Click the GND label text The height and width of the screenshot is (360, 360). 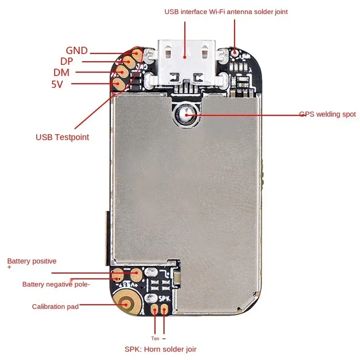(76, 51)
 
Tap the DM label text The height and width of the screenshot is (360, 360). (61, 72)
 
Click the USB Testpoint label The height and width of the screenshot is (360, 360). (62, 137)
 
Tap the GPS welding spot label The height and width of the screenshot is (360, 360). (328, 114)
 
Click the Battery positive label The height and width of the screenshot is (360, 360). (32, 261)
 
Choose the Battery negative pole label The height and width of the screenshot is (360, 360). (56, 284)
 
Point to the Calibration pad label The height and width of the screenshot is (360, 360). (55, 306)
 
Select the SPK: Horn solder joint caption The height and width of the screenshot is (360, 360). (161, 349)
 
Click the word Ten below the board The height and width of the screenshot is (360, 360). (155, 338)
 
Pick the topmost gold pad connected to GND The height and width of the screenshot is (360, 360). (138, 54)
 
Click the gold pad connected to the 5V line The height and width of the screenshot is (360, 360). (118, 83)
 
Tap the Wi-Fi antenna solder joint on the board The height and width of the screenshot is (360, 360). (234, 52)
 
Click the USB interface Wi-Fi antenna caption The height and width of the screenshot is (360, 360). (226, 12)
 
